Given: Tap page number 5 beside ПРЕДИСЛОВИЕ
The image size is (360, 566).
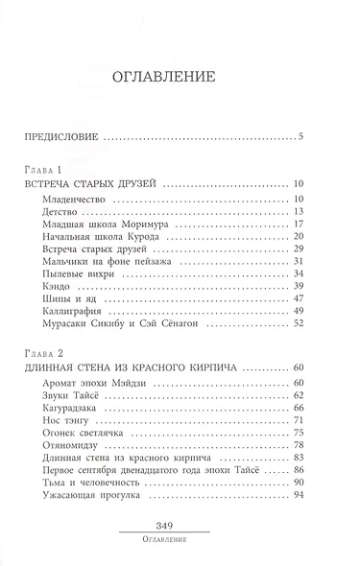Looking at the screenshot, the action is pyautogui.click(x=300, y=134).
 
